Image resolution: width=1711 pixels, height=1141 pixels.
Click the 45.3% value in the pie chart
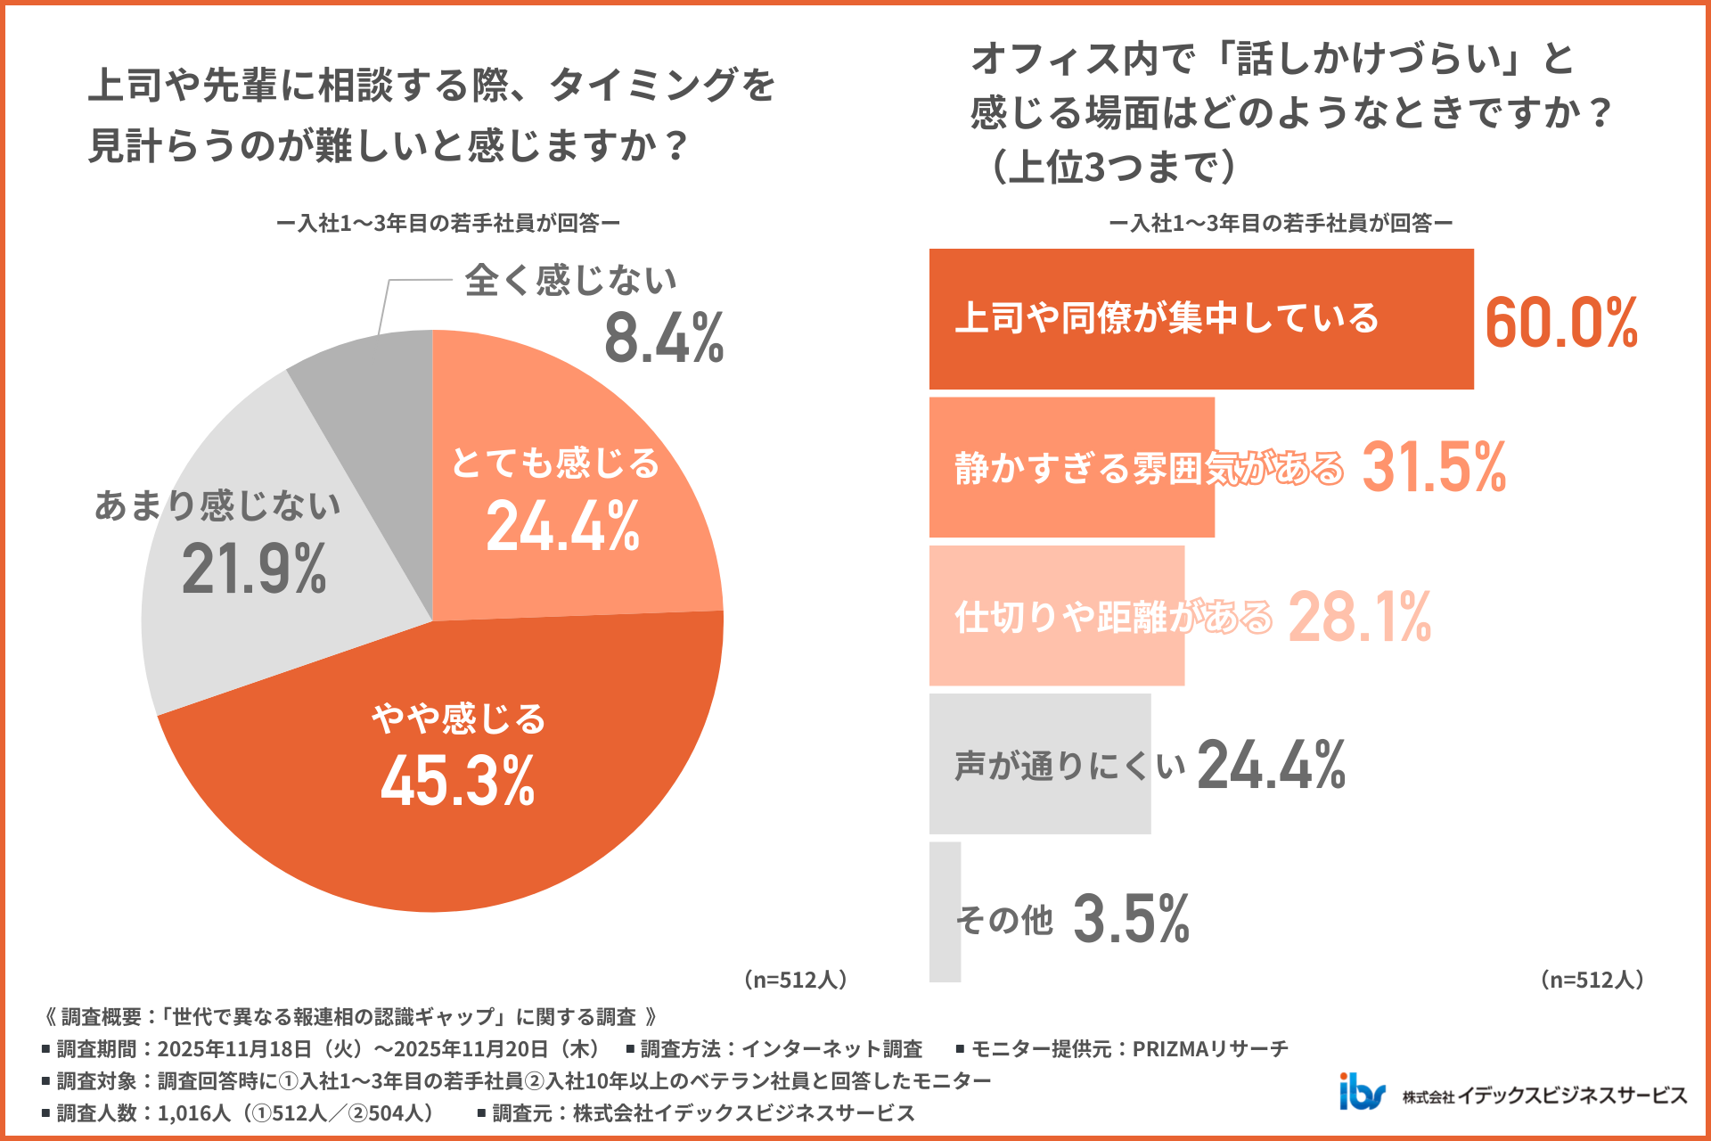(458, 781)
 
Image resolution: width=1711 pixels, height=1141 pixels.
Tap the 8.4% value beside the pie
(664, 339)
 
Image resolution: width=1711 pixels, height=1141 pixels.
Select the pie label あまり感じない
(218, 505)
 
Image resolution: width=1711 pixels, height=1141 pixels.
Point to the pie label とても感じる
(555, 464)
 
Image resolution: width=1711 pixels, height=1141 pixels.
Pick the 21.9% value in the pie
(254, 569)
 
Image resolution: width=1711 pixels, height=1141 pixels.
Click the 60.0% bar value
(1561, 322)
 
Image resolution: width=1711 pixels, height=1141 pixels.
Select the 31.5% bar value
(1434, 467)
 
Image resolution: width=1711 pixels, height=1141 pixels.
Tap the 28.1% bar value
(1360, 617)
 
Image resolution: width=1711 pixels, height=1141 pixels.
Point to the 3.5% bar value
(1132, 918)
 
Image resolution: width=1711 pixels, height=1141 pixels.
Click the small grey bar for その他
(945, 912)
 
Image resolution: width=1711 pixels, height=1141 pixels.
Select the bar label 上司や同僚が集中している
(1167, 318)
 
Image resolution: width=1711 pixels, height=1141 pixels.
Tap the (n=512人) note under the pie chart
(796, 980)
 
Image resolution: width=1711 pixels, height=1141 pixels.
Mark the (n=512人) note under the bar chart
(1592, 980)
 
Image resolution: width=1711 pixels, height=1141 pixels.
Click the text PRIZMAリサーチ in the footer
(1210, 1049)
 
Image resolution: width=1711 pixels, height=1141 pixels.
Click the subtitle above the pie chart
(448, 223)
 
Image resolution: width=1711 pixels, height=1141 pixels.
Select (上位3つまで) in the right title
(1114, 167)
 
